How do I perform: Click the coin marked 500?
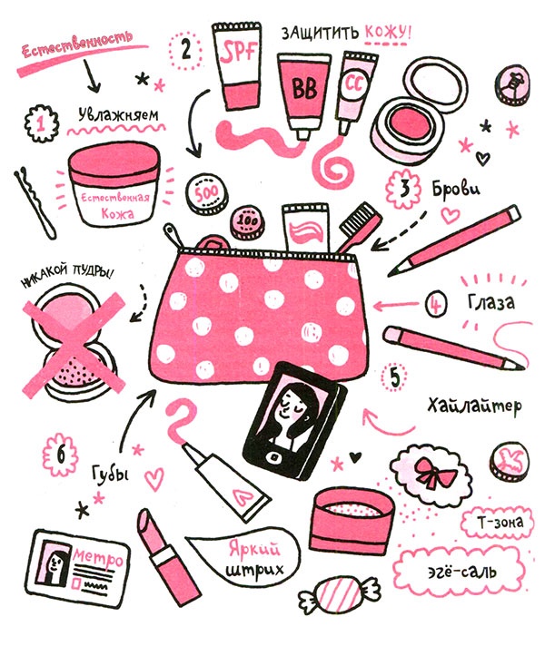[x=207, y=192]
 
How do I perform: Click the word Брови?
[x=456, y=189]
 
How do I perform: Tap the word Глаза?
[x=491, y=302]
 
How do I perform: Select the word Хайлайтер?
[x=474, y=406]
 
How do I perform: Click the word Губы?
[x=110, y=473]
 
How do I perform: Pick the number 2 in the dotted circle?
[x=186, y=49]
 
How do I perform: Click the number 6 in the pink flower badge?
[x=60, y=455]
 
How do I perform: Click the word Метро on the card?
[x=98, y=557]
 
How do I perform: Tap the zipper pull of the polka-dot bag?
[x=172, y=236]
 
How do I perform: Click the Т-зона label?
[x=500, y=524]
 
